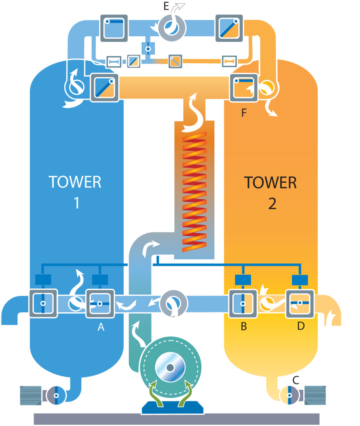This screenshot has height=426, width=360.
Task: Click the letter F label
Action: point(244,114)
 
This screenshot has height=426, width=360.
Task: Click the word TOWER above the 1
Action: point(75,182)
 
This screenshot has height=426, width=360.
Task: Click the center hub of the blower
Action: point(170,368)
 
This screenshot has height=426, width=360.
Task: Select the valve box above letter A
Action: point(100,303)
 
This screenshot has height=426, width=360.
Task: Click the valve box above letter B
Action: point(243,303)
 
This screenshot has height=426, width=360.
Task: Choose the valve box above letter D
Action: point(300,303)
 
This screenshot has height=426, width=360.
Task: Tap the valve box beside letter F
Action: point(244,88)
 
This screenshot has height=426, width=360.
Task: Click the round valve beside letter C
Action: point(289,394)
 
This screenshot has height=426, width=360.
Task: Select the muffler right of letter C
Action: point(316,395)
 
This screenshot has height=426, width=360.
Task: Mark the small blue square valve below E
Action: point(148,49)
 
